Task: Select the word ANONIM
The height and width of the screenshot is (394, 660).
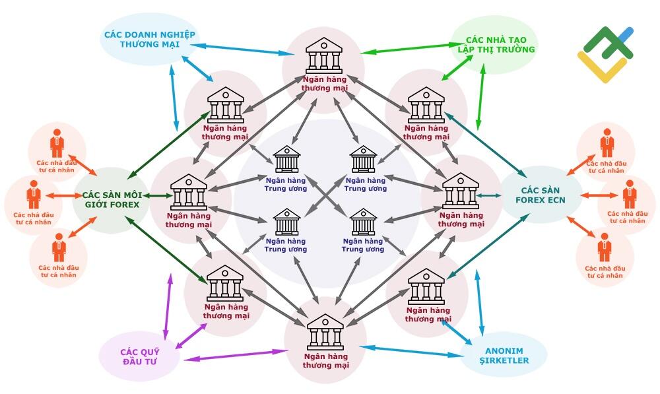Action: (x=504, y=350)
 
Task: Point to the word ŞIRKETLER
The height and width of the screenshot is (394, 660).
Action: (x=504, y=361)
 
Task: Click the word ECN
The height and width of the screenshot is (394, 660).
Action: (x=556, y=200)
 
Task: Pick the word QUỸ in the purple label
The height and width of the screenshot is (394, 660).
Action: (x=150, y=352)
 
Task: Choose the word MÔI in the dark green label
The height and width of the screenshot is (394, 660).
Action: (x=134, y=195)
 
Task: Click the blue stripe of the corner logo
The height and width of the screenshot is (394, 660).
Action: (x=625, y=36)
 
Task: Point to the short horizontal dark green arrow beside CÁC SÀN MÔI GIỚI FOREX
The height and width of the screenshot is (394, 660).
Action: (x=158, y=195)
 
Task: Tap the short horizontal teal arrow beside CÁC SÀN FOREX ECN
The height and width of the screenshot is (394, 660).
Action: (x=488, y=195)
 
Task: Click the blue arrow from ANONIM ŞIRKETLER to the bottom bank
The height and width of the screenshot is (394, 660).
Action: (x=412, y=352)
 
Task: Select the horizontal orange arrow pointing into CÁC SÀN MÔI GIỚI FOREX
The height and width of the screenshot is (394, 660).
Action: (x=63, y=195)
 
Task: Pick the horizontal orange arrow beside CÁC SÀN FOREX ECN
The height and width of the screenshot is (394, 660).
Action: (x=599, y=195)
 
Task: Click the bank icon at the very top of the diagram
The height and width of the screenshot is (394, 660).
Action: (x=323, y=55)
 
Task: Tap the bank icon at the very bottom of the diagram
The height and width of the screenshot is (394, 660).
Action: (x=325, y=332)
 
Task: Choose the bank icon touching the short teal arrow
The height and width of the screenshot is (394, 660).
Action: (x=461, y=191)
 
